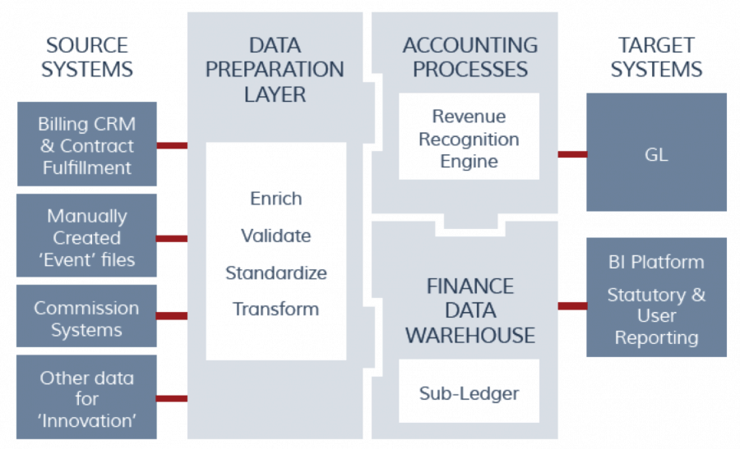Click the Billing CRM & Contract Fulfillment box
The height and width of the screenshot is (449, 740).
(87, 144)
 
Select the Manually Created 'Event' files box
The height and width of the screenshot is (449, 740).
(86, 236)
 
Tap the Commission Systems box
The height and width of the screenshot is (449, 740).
(86, 316)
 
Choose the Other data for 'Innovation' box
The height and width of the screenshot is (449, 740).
(86, 397)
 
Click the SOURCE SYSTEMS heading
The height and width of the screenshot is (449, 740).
(87, 57)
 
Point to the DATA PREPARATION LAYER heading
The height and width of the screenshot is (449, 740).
(275, 70)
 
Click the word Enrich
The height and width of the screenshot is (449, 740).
(276, 199)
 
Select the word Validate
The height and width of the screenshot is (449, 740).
(276, 236)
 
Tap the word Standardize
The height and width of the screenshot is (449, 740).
(276, 273)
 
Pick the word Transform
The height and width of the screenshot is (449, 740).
(276, 309)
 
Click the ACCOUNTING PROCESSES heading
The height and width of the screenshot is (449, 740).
(470, 57)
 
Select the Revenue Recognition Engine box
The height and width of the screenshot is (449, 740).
(469, 136)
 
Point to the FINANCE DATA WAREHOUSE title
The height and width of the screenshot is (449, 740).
(470, 310)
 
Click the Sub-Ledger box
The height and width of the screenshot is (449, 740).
(469, 391)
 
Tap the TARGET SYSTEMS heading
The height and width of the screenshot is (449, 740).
(656, 57)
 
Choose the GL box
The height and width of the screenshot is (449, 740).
(656, 152)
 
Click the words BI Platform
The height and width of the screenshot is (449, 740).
(656, 262)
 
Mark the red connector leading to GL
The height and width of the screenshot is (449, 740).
(572, 154)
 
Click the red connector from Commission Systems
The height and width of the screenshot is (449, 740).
(172, 316)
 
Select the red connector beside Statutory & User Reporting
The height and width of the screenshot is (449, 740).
(572, 306)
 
